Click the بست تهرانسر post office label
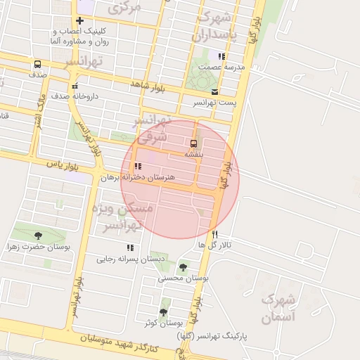point(215,103)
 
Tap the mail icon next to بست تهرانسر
point(214,92)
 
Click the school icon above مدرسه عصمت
point(221,56)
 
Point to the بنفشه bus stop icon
point(194,143)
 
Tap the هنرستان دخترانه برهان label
point(137,178)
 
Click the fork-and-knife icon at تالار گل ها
point(215,234)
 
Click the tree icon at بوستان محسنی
point(184,267)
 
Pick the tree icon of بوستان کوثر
point(164,312)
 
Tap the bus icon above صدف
point(37,64)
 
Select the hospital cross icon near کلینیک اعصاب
point(79,21)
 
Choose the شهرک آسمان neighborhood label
point(279,308)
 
